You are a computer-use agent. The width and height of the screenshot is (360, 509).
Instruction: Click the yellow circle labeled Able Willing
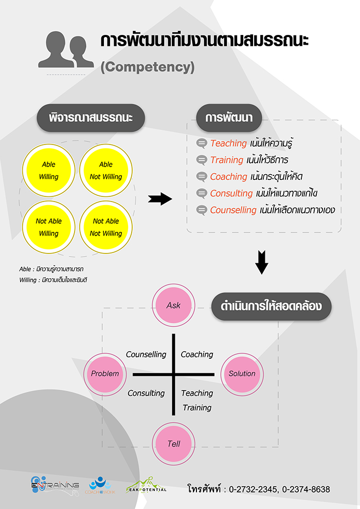(49, 170)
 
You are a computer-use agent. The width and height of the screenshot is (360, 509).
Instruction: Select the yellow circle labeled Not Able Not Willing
(106, 227)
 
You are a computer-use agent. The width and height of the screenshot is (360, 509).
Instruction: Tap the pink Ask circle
(174, 305)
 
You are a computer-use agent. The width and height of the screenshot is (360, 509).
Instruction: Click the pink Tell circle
(174, 443)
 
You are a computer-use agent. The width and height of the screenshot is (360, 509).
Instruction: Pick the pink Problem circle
(105, 374)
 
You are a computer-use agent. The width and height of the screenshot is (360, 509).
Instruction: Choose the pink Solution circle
(242, 374)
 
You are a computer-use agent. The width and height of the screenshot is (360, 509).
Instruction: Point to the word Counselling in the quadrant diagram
(146, 354)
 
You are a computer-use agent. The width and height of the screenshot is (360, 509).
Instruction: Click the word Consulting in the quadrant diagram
(146, 393)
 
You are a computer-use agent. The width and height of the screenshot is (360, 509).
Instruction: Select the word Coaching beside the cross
(197, 354)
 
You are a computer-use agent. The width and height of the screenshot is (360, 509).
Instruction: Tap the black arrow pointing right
(160, 199)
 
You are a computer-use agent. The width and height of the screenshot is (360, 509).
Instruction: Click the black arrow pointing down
(262, 262)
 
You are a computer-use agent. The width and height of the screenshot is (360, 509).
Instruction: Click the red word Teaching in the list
(229, 143)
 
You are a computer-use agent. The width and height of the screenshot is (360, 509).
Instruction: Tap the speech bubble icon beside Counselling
(202, 210)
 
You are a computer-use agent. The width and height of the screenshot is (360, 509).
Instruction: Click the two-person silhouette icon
(66, 50)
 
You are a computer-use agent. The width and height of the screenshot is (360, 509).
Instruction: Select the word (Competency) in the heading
(148, 67)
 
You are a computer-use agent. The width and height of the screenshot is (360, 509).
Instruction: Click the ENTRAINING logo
(55, 484)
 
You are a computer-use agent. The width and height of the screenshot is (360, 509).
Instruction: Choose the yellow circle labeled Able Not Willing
(106, 170)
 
